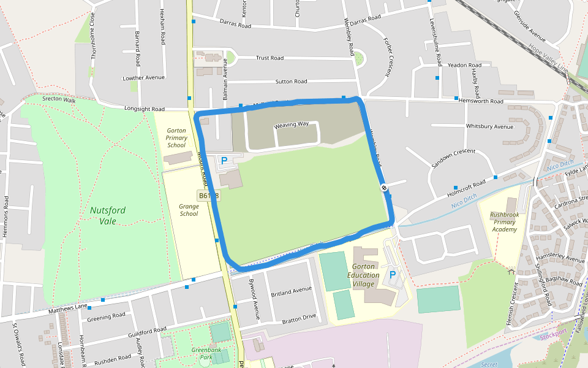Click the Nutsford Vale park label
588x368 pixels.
[x=108, y=215]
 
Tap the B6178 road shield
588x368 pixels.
[x=208, y=196]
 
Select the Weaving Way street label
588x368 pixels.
[x=292, y=125]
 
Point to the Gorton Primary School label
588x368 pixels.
[x=176, y=138]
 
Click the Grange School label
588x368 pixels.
[x=189, y=210]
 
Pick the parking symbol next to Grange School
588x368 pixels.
[x=224, y=161]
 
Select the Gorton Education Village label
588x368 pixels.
[x=363, y=275]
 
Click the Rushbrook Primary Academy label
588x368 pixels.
[x=503, y=222]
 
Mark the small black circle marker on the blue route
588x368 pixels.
[x=384, y=188]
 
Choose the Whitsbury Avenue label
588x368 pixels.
[x=489, y=126]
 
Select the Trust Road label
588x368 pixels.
[x=269, y=58]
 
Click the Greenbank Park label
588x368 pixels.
[x=202, y=353]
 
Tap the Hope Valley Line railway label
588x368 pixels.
[x=548, y=59]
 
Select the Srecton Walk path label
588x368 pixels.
[x=59, y=99]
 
